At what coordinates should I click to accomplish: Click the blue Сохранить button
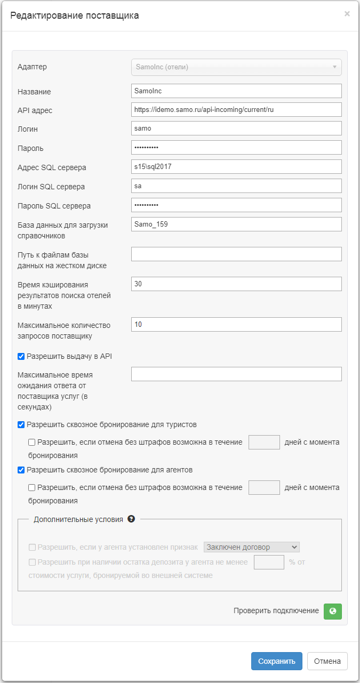pyautogui.click(x=276, y=661)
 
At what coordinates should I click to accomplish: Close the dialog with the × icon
pyautogui.click(x=347, y=14)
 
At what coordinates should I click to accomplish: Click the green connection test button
pyautogui.click(x=332, y=611)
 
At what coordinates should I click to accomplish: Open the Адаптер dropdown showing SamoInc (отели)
pyautogui.click(x=236, y=67)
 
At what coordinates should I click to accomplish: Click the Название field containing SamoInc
pyautogui.click(x=236, y=91)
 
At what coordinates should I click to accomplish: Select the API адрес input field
pyautogui.click(x=236, y=109)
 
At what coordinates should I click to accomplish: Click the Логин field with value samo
pyautogui.click(x=236, y=128)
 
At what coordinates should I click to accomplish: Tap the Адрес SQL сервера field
pyautogui.click(x=236, y=167)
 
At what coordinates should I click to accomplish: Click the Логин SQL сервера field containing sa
pyautogui.click(x=236, y=186)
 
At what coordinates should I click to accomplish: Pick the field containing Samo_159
pyautogui.click(x=236, y=224)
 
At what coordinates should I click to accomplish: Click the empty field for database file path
pyautogui.click(x=236, y=254)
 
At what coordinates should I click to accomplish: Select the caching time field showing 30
pyautogui.click(x=236, y=284)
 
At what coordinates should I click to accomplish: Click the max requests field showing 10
pyautogui.click(x=236, y=324)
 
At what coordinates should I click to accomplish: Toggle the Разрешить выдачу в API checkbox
pyautogui.click(x=21, y=356)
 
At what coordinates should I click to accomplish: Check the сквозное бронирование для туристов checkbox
pyautogui.click(x=21, y=425)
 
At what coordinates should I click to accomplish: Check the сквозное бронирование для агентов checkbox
pyautogui.click(x=21, y=470)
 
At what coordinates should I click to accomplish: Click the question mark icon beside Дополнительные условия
pyautogui.click(x=131, y=519)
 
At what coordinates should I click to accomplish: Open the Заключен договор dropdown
pyautogui.click(x=252, y=547)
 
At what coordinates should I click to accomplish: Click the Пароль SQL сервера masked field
pyautogui.click(x=236, y=205)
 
